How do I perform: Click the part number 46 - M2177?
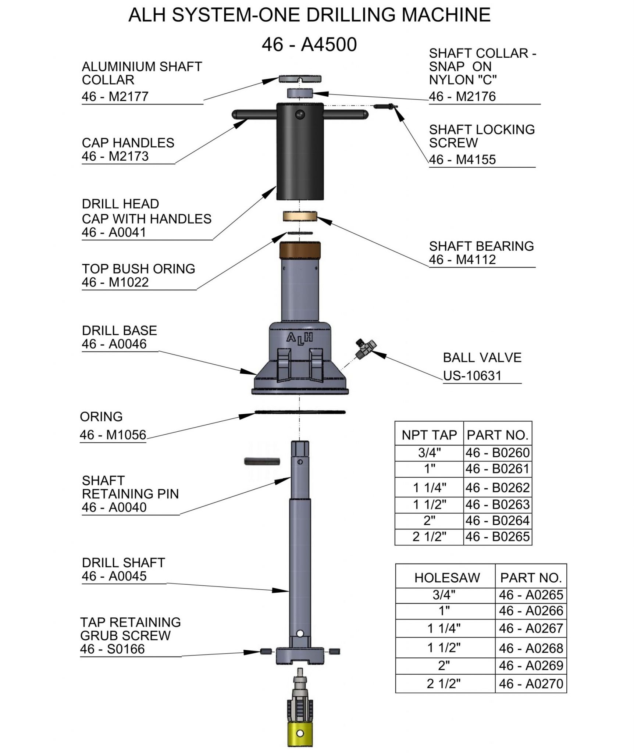click(x=115, y=97)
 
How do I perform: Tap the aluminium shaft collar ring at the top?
click(x=300, y=79)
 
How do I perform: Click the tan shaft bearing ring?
click(x=300, y=216)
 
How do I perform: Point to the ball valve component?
click(x=364, y=349)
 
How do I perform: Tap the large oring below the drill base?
click(x=300, y=412)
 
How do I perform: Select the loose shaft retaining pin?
click(x=262, y=461)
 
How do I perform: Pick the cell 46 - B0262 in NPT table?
click(x=497, y=488)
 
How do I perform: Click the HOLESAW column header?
click(x=447, y=578)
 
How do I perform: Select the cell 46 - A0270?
click(x=531, y=684)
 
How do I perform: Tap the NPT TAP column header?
click(x=429, y=435)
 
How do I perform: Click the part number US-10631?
click(x=472, y=376)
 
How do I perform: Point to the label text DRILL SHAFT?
click(x=123, y=563)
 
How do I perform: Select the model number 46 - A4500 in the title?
click(x=309, y=45)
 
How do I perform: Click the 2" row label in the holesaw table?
click(x=444, y=665)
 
